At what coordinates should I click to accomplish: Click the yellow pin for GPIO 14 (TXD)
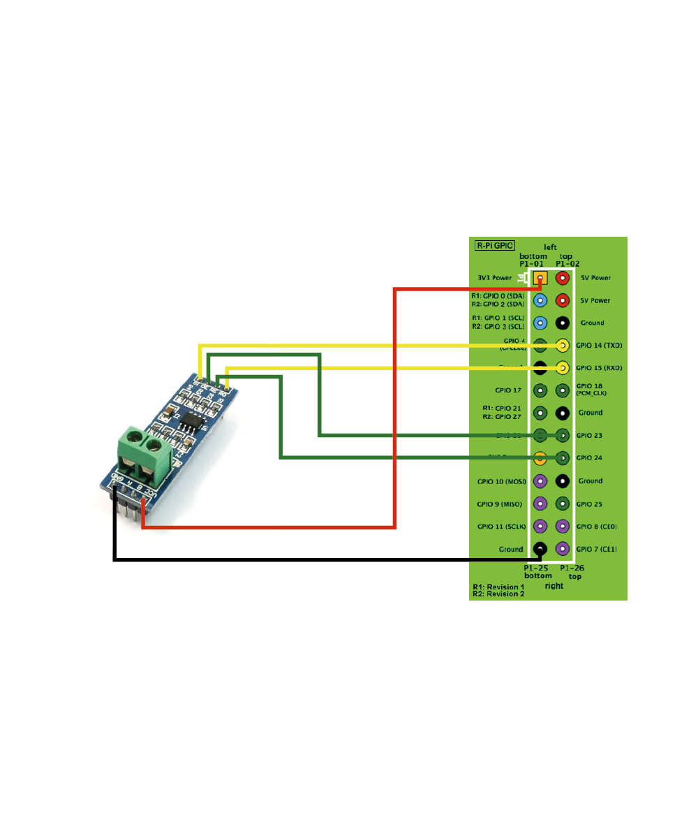[562, 345]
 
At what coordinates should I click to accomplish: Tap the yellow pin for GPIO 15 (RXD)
[562, 367]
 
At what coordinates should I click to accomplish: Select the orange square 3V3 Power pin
[540, 278]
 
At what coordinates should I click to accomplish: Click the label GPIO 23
[590, 435]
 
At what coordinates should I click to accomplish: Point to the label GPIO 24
[590, 458]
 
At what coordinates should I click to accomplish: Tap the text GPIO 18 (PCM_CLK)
[593, 390]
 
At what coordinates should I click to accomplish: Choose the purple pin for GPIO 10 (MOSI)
[540, 480]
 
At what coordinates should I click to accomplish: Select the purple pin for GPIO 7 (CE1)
[562, 549]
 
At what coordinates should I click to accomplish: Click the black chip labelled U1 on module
[191, 421]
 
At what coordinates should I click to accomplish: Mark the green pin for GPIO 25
[562, 503]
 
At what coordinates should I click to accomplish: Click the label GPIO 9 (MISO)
[500, 503]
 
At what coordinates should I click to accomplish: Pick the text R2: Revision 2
[498, 594]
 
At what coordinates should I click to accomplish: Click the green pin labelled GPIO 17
[540, 390]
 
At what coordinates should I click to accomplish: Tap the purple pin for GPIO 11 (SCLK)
[540, 526]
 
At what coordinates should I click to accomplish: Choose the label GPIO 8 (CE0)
[597, 526]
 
